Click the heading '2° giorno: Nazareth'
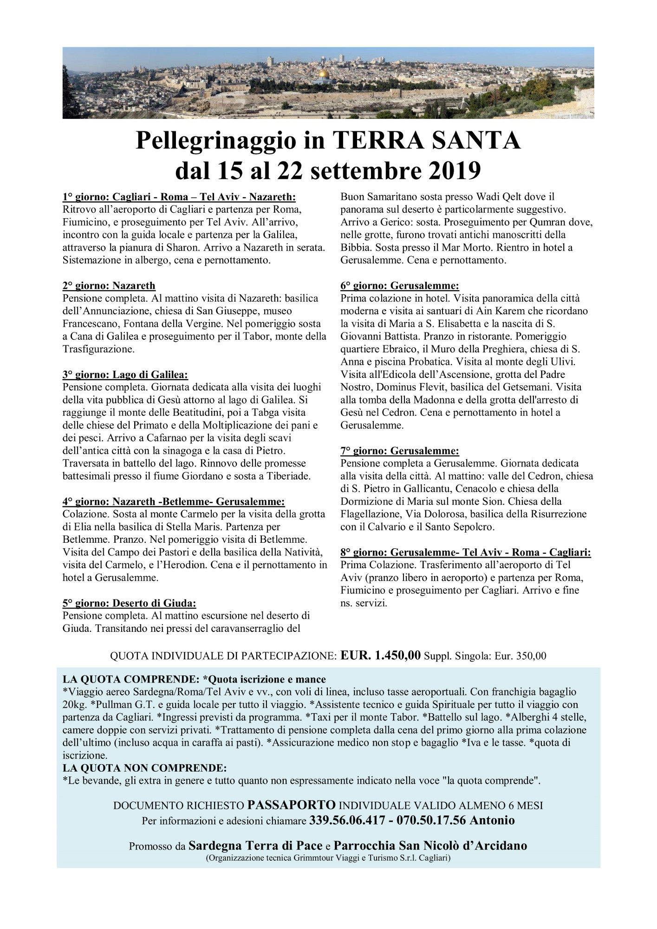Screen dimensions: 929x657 109,285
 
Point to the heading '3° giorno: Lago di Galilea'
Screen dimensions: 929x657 125,374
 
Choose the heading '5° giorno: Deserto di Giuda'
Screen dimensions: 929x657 130,603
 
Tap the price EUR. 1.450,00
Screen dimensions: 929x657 381,656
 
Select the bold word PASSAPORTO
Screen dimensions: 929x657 292,805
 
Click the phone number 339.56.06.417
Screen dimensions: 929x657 347,820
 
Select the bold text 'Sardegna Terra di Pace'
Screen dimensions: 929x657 255,845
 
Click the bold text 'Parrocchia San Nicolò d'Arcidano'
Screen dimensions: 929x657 430,845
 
